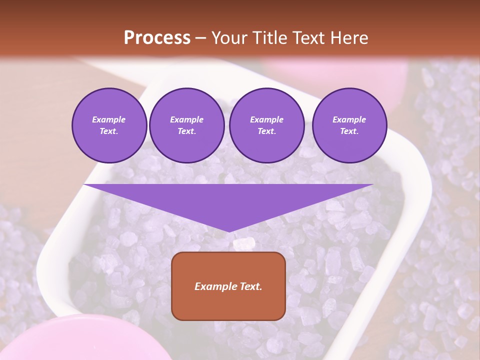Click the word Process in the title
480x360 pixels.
point(157,38)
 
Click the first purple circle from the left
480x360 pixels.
point(109,125)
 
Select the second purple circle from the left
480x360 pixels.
point(187,125)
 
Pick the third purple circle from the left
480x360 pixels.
point(267,125)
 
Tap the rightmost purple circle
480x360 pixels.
point(349,125)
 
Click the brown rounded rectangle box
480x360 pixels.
point(228,286)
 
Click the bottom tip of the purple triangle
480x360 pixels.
point(228,231)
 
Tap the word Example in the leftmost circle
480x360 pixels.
point(109,119)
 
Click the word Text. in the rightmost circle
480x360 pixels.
point(349,131)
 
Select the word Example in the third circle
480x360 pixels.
point(267,119)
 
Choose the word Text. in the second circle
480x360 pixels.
point(187,131)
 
